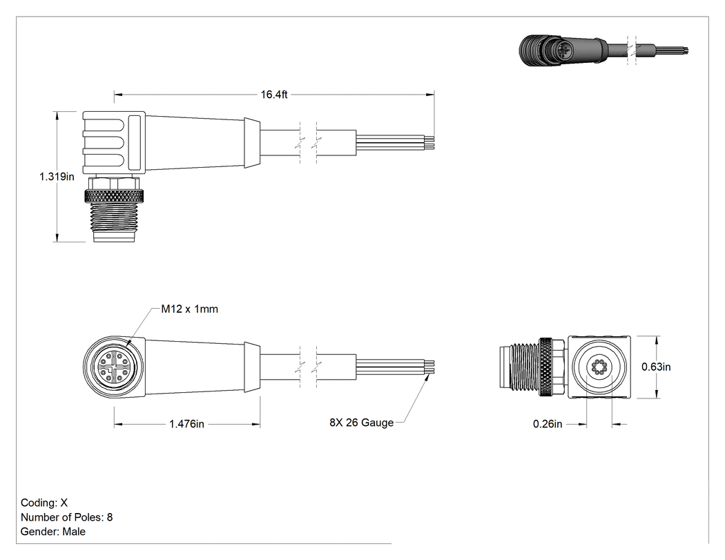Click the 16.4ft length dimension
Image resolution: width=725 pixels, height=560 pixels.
[x=273, y=95]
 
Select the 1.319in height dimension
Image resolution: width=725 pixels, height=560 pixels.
[x=57, y=177]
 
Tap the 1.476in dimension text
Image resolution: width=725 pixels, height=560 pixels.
[x=186, y=424]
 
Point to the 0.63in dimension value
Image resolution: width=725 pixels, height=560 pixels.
[x=656, y=367]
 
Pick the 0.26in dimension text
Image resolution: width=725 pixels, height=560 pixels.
[x=548, y=424]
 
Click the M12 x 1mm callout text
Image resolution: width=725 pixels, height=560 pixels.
[x=190, y=309]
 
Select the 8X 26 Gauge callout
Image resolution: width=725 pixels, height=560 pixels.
[x=362, y=423]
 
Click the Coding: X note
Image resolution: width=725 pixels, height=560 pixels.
[x=44, y=503]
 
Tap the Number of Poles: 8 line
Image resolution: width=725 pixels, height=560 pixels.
[x=66, y=517]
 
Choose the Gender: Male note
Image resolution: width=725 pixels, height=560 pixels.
[x=52, y=531]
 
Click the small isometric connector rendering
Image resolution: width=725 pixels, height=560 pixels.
[x=603, y=50]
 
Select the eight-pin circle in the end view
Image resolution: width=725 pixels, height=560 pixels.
[x=599, y=367]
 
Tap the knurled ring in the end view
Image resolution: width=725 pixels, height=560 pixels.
[x=547, y=367]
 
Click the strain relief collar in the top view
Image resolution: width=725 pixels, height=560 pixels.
[x=252, y=142]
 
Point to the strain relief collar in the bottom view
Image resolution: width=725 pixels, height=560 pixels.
[x=252, y=367]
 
